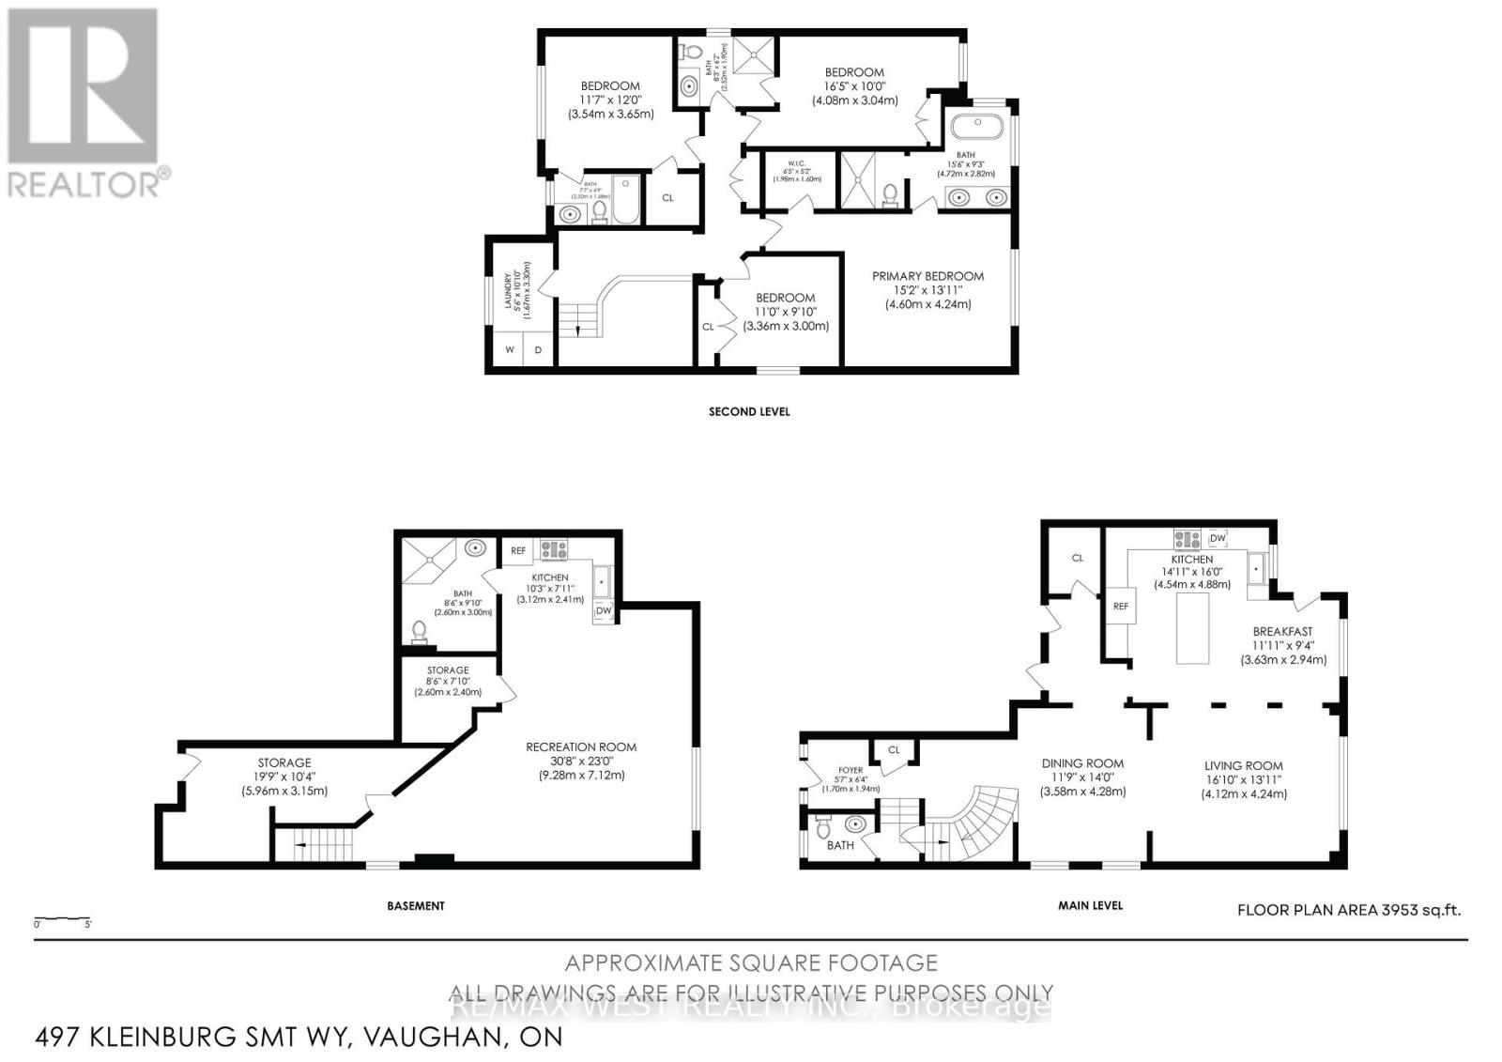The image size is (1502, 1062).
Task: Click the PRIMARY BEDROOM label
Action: click(927, 276)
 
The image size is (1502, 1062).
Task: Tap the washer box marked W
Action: click(510, 350)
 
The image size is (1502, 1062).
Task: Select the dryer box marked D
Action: click(539, 350)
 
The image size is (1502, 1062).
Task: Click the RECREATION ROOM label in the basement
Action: click(580, 747)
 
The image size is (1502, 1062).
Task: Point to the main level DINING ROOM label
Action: click(1082, 763)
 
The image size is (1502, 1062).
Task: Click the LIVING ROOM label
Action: click(1244, 765)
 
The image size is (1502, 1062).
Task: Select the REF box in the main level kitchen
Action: click(1120, 607)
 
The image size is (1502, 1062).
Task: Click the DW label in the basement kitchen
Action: click(604, 611)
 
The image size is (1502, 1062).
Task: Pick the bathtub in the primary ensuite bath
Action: click(977, 126)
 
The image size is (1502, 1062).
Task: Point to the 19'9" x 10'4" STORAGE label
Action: click(284, 762)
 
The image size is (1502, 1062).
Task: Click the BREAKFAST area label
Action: click(1282, 632)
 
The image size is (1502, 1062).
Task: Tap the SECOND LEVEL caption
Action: click(748, 411)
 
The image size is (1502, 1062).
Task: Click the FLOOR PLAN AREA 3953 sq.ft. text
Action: click(1348, 909)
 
